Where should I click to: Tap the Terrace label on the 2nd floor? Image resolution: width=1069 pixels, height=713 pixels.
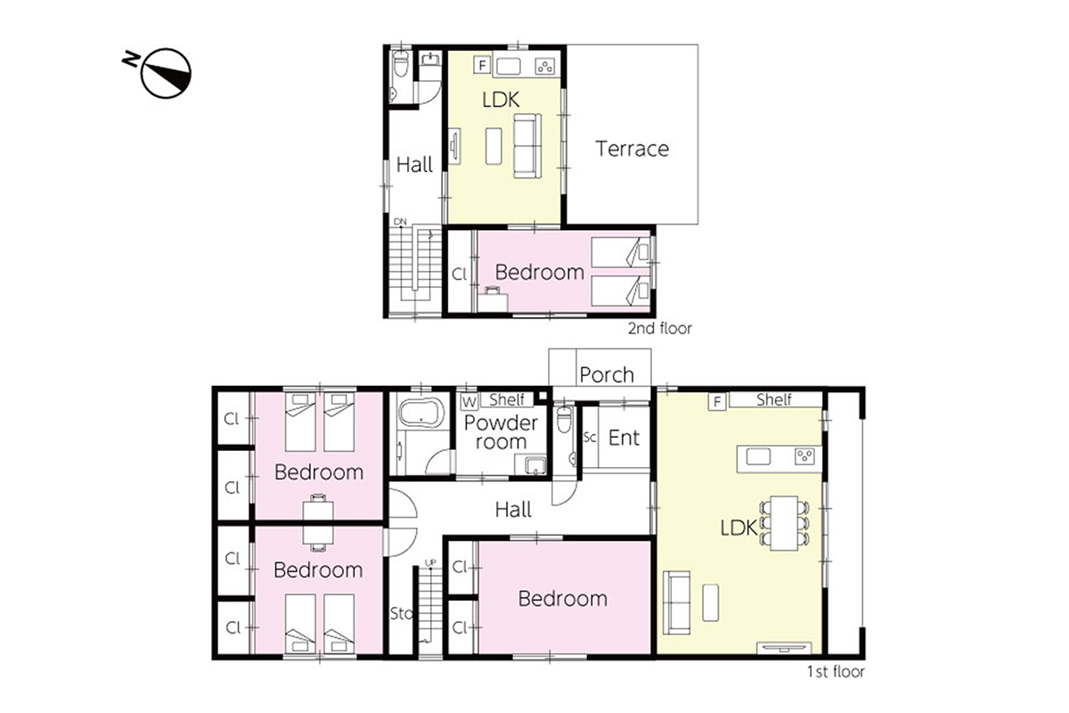(x=632, y=149)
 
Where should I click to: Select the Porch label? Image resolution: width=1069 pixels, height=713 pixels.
(x=607, y=375)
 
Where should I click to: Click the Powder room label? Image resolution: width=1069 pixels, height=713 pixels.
(x=501, y=432)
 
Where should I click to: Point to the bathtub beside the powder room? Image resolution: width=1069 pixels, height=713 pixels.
(x=421, y=412)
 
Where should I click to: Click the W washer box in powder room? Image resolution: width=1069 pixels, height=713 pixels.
(x=469, y=402)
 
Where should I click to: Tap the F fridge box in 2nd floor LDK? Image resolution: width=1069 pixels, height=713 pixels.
(x=482, y=64)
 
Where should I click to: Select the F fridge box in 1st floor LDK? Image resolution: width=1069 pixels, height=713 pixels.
(x=717, y=402)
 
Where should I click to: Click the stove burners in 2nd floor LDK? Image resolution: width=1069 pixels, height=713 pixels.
(x=545, y=66)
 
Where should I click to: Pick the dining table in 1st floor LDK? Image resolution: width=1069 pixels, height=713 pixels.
(x=784, y=523)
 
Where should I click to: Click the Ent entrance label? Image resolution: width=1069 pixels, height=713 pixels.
(x=624, y=438)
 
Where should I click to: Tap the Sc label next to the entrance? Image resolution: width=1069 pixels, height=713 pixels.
(x=590, y=437)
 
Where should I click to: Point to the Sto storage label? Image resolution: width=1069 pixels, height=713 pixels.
(x=402, y=613)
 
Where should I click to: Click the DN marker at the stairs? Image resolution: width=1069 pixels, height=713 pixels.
(x=400, y=222)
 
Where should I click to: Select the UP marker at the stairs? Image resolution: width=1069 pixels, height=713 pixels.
(x=430, y=563)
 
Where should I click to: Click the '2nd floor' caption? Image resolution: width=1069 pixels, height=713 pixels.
(x=659, y=329)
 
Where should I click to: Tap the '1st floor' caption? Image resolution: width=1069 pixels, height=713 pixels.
(x=836, y=672)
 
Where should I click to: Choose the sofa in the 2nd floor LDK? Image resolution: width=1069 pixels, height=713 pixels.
(x=527, y=145)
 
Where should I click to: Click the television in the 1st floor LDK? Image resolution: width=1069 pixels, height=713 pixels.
(x=784, y=648)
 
